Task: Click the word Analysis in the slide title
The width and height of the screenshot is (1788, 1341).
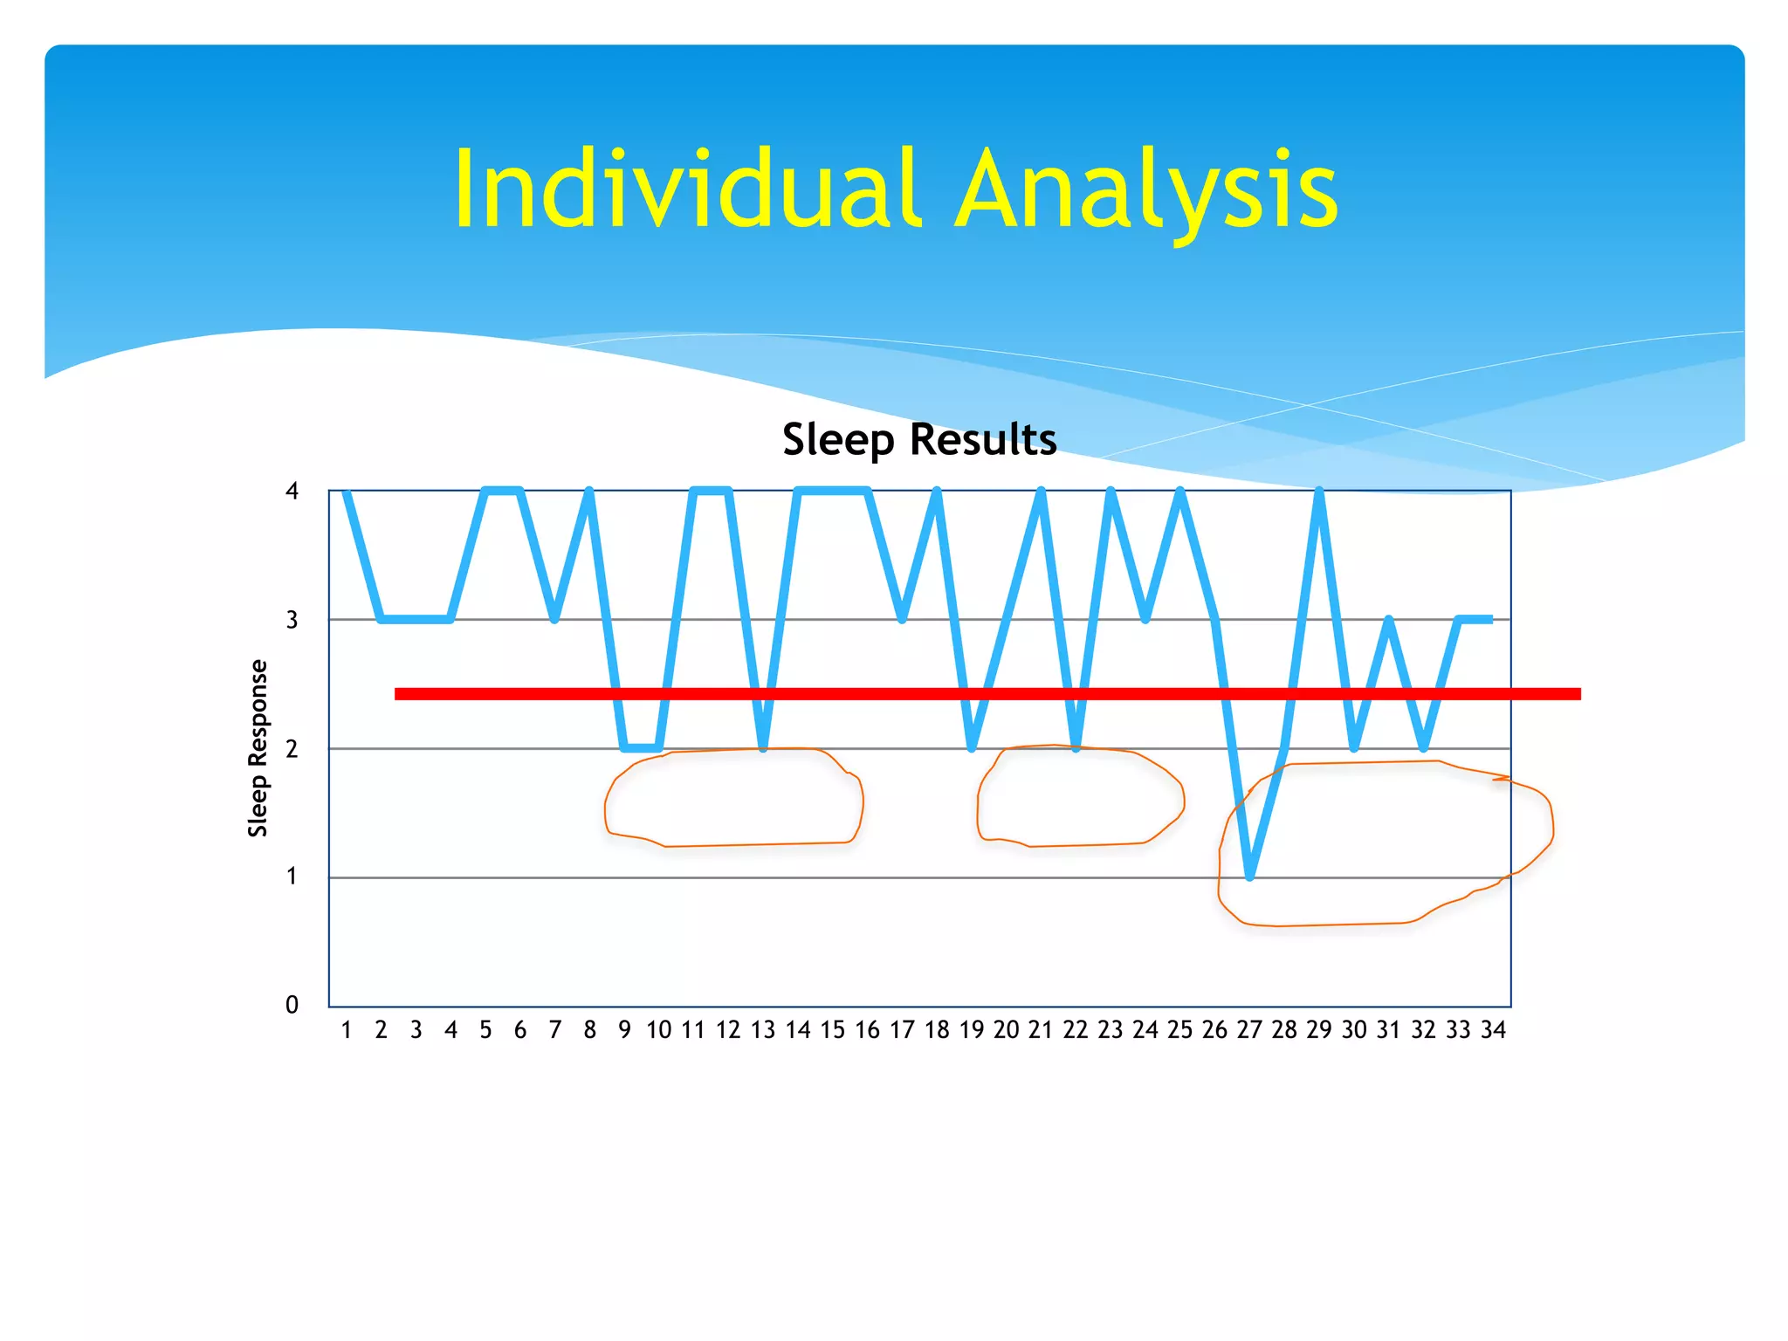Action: pyautogui.click(x=1146, y=189)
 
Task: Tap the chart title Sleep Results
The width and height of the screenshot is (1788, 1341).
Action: pyautogui.click(x=919, y=439)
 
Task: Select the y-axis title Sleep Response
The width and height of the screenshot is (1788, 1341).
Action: pyautogui.click(x=258, y=748)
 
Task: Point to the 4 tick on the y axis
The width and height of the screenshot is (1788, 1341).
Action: pyautogui.click(x=292, y=492)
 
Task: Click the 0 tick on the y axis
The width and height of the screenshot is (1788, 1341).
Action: pyautogui.click(x=292, y=1005)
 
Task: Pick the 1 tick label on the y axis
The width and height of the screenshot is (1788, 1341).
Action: pyautogui.click(x=292, y=877)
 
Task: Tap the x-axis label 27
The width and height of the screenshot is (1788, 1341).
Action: pyautogui.click(x=1249, y=1031)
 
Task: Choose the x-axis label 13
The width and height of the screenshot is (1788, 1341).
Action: pyautogui.click(x=763, y=1031)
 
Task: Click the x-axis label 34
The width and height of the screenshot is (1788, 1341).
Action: pyautogui.click(x=1493, y=1031)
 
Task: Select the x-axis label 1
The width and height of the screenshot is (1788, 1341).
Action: pyautogui.click(x=347, y=1031)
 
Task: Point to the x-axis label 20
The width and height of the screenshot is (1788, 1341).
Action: pyautogui.click(x=1006, y=1031)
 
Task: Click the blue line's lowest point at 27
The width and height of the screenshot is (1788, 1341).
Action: pyautogui.click(x=1250, y=876)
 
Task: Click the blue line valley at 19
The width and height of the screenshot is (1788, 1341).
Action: pyautogui.click(x=972, y=747)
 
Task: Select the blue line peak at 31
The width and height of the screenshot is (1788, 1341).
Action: pyautogui.click(x=1389, y=621)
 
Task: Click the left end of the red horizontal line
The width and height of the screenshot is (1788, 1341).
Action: pyautogui.click(x=398, y=694)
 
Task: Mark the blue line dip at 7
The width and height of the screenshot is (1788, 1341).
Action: pyautogui.click(x=554, y=618)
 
